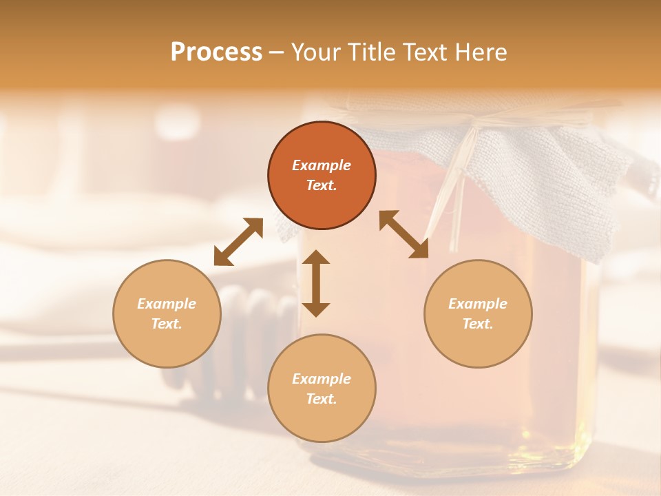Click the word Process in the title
coord(216,52)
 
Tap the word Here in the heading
coord(478,52)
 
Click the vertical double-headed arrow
coord(316,283)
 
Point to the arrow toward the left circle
coord(238,242)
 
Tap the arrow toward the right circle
coord(403,234)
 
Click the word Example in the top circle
coord(322,165)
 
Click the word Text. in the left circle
coord(167,324)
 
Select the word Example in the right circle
coord(478,304)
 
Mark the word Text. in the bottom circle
coord(322,399)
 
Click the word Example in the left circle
coord(167,304)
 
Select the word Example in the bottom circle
coord(322,379)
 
